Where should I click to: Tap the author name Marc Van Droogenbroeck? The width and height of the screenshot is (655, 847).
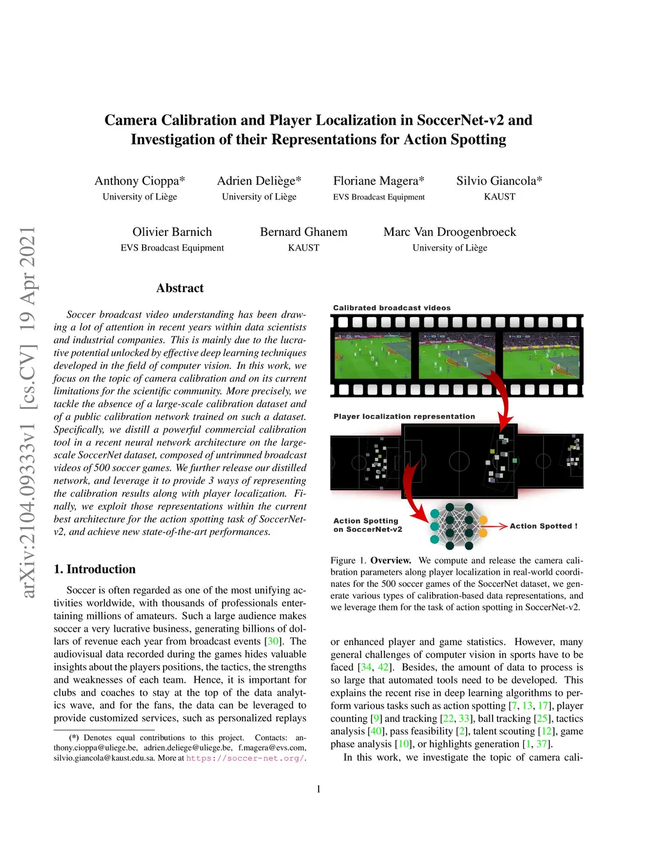click(x=450, y=232)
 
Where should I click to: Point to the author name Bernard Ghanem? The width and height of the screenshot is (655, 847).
click(x=304, y=232)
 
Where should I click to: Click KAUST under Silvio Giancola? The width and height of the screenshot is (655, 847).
click(x=500, y=197)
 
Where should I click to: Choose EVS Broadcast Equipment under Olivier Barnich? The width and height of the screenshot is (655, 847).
click(x=172, y=248)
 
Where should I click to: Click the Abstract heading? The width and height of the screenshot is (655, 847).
click(x=180, y=288)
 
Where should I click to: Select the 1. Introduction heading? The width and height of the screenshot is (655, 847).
click(x=95, y=570)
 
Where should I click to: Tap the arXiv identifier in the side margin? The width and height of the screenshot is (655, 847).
click(x=28, y=412)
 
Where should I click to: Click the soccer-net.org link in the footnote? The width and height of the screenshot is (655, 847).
click(x=245, y=758)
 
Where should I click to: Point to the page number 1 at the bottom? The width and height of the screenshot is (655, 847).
click(x=319, y=789)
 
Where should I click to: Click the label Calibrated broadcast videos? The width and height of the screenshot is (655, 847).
click(x=391, y=308)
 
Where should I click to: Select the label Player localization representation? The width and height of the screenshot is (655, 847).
click(x=404, y=417)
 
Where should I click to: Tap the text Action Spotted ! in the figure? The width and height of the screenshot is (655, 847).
click(x=543, y=526)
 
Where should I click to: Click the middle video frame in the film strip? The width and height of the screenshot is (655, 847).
click(x=457, y=355)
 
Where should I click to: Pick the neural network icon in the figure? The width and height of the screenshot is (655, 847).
click(x=459, y=525)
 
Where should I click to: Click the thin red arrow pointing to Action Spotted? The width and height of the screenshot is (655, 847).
click(x=494, y=526)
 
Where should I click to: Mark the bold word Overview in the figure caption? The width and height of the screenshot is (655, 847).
click(x=390, y=561)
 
